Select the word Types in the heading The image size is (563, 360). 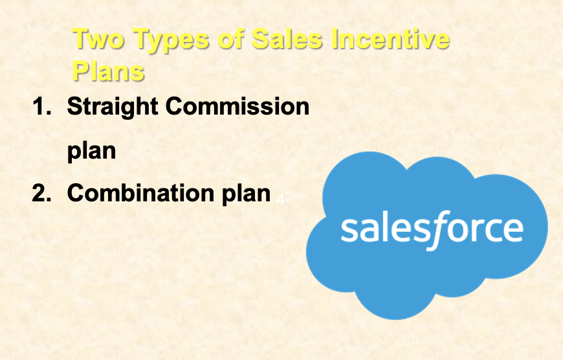[171, 41]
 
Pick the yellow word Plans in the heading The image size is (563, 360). [108, 70]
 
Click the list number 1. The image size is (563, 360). [41, 106]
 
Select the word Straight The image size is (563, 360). [113, 107]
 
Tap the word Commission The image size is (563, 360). [237, 106]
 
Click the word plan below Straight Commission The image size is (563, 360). [91, 152]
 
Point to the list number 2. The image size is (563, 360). [41, 194]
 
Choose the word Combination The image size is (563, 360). [140, 193]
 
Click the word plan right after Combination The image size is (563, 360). [246, 194]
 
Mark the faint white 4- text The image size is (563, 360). [283, 199]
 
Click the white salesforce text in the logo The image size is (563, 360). [432, 230]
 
